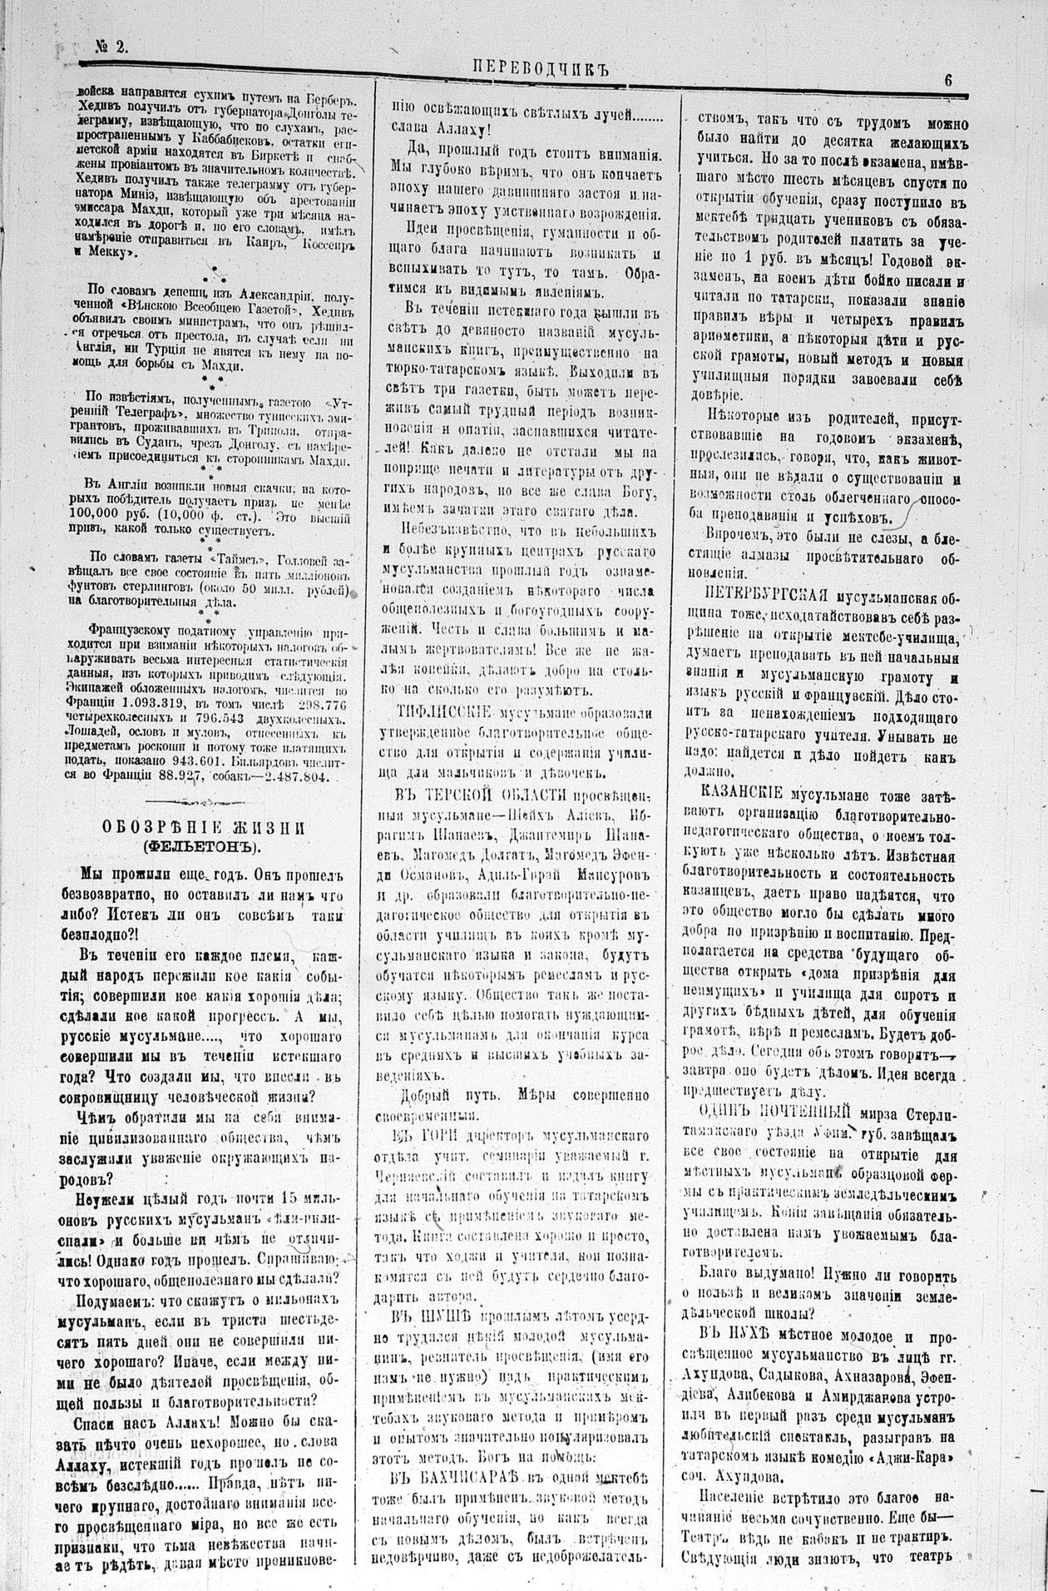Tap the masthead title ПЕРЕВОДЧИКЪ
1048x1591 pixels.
tap(541, 70)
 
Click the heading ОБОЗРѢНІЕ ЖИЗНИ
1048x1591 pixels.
tap(205, 828)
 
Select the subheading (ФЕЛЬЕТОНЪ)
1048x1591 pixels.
tap(205, 847)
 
